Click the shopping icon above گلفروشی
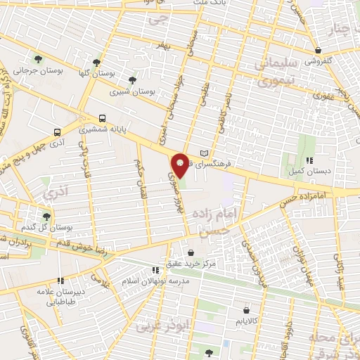320,51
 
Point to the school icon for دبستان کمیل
309,160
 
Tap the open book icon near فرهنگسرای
205,153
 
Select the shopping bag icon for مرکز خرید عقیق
191,252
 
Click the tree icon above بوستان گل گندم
46,217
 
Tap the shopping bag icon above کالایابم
246,309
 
